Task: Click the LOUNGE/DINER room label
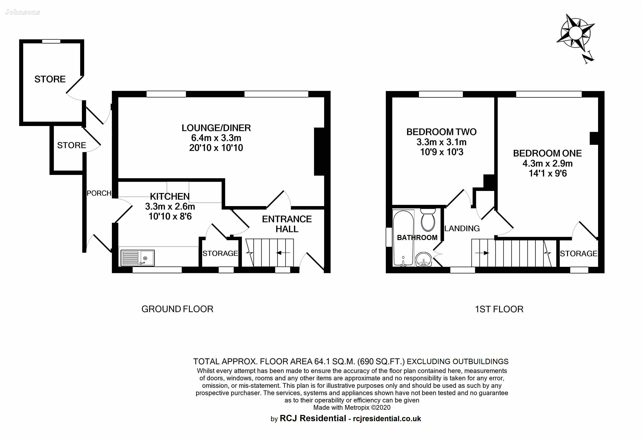click(216, 128)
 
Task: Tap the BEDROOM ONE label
click(547, 153)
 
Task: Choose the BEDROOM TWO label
click(441, 132)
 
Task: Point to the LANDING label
click(462, 228)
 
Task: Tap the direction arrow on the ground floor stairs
click(283, 253)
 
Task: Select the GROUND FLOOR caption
click(177, 309)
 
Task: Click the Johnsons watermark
click(22, 12)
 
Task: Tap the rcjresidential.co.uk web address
click(387, 419)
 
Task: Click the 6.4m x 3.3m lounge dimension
click(216, 138)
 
